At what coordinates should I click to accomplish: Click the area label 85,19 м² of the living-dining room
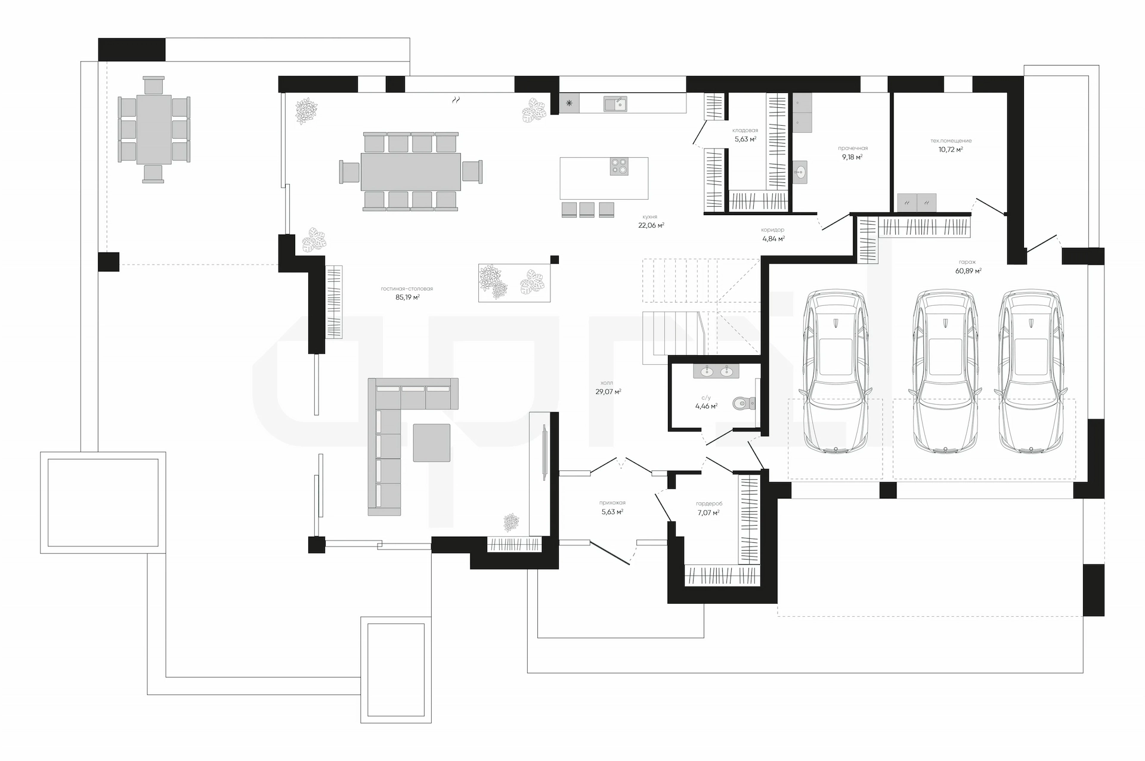tap(407, 297)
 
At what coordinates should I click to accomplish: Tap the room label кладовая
tap(745, 131)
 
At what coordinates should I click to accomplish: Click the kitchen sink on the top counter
tap(615, 104)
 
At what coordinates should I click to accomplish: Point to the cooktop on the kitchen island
tap(619, 166)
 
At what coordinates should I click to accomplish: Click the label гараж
tap(967, 262)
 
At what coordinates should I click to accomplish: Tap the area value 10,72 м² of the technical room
tap(951, 150)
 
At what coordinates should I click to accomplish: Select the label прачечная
tap(853, 148)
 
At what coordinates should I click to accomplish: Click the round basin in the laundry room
tap(800, 171)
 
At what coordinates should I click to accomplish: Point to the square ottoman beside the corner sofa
tap(432, 443)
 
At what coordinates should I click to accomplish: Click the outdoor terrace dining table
tap(154, 129)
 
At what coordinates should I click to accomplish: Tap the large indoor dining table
tap(411, 172)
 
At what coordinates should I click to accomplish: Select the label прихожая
tap(612, 503)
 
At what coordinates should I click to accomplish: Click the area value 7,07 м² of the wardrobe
tap(708, 512)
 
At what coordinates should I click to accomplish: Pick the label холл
tap(607, 383)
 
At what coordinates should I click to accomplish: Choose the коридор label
tap(773, 230)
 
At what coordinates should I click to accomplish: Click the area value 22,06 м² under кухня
tap(651, 225)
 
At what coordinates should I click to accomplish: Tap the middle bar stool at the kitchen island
tap(587, 209)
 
